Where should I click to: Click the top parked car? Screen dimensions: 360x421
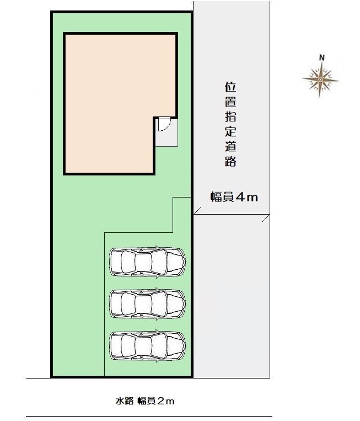point(148,262)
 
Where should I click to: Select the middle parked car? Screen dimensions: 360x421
point(148,304)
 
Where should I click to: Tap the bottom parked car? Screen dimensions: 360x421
point(148,346)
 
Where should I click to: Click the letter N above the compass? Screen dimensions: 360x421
point(322,58)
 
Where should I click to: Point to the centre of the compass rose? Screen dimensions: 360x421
point(320,80)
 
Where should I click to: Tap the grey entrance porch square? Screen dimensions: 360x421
point(166,132)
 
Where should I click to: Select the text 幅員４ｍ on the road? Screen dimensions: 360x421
point(234,198)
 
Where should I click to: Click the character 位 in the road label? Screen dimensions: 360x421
point(230,87)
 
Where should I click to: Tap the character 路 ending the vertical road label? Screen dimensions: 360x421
point(230,162)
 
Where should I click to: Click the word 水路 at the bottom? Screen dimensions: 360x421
point(125,401)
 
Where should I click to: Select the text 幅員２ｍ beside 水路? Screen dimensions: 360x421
point(156,401)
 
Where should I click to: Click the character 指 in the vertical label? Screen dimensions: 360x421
point(230,117)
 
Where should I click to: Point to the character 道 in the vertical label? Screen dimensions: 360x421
point(230,147)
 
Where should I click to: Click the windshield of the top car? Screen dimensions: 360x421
point(159,262)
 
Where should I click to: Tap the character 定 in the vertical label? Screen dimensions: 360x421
point(230,132)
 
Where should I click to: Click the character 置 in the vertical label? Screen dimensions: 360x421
point(230,102)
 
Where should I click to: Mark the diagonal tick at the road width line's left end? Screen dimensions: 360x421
point(197,211)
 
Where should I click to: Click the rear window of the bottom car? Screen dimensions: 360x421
point(128,346)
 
